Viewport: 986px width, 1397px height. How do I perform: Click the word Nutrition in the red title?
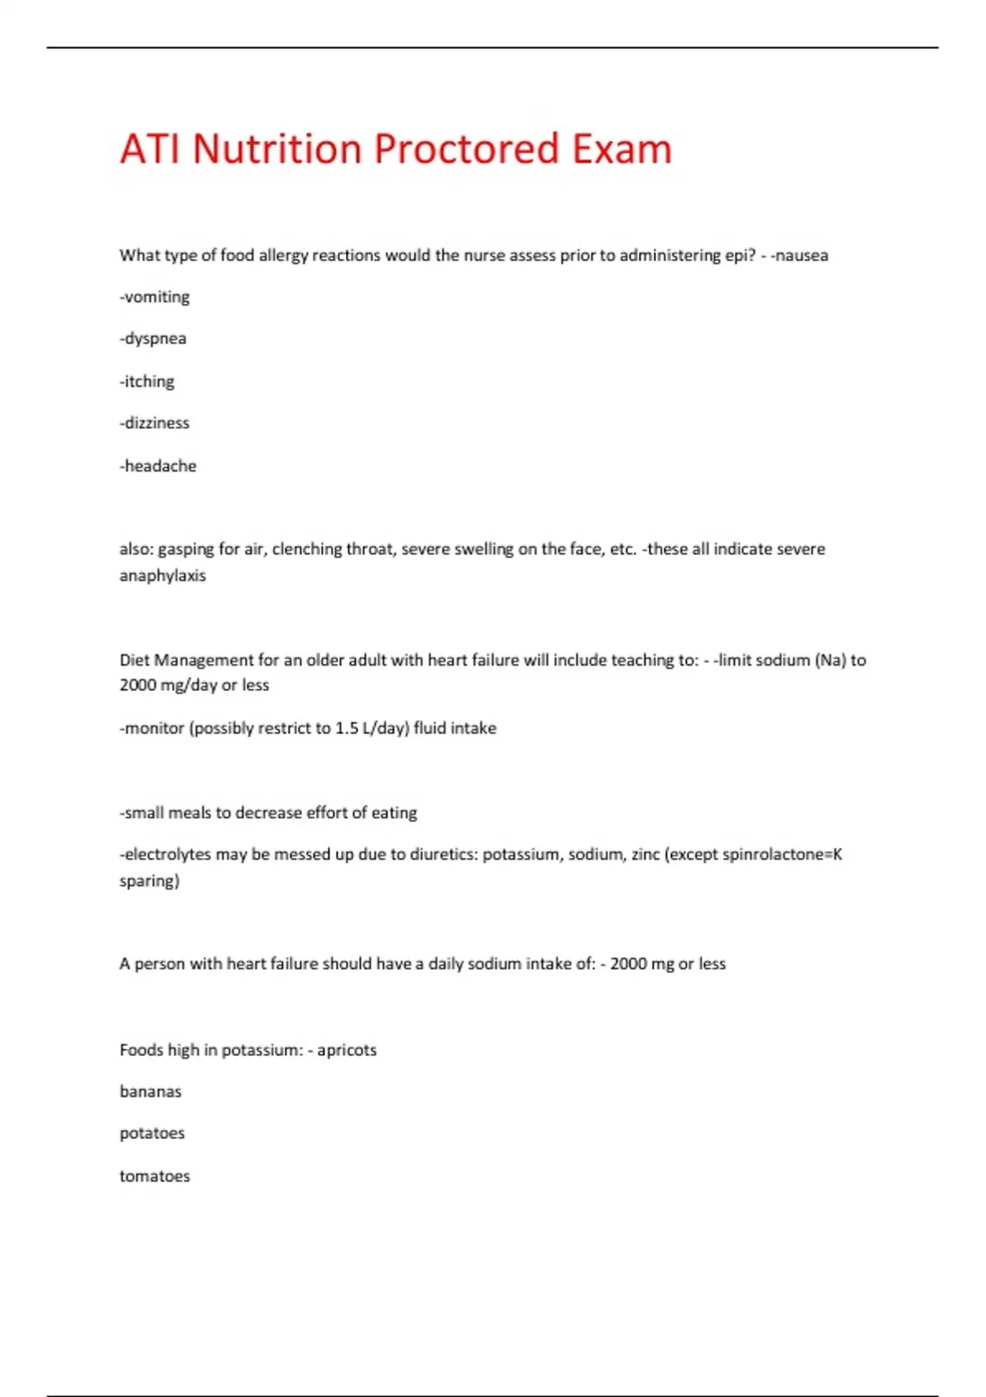click(x=277, y=150)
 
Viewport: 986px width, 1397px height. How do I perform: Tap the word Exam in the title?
click(x=621, y=150)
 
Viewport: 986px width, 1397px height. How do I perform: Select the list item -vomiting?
click(x=154, y=297)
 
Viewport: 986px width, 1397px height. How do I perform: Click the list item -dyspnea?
click(x=153, y=339)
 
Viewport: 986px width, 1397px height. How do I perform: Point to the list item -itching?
click(x=147, y=381)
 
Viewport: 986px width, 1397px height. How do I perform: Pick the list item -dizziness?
click(x=154, y=423)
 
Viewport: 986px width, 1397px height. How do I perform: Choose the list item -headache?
click(x=158, y=466)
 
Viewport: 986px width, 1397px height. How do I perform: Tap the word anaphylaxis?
click(x=163, y=575)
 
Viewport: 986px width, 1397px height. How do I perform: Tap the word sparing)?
click(x=150, y=881)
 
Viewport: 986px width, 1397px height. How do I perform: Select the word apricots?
click(x=347, y=1050)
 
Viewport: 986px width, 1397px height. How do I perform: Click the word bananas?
click(x=150, y=1092)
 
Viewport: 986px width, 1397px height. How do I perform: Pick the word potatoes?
click(x=152, y=1134)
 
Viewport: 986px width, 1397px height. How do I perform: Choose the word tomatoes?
click(x=154, y=1176)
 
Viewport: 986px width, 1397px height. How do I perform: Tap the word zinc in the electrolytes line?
click(x=645, y=855)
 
